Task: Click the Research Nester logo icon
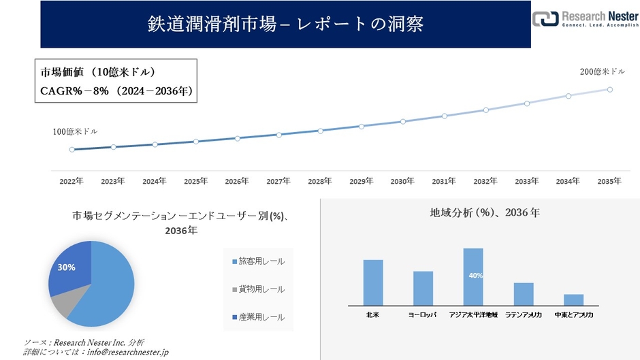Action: [545, 18]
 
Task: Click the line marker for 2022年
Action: [71, 150]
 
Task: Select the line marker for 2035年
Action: [610, 89]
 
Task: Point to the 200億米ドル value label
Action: [602, 71]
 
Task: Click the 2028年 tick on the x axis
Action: [319, 181]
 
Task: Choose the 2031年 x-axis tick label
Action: [443, 181]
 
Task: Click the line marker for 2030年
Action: [403, 121]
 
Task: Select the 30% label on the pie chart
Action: [66, 267]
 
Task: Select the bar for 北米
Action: [373, 282]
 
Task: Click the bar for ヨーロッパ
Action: [423, 288]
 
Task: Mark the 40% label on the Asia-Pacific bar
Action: [475, 276]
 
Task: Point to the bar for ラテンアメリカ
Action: [524, 294]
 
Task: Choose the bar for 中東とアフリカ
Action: [574, 299]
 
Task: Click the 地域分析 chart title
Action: [485, 213]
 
